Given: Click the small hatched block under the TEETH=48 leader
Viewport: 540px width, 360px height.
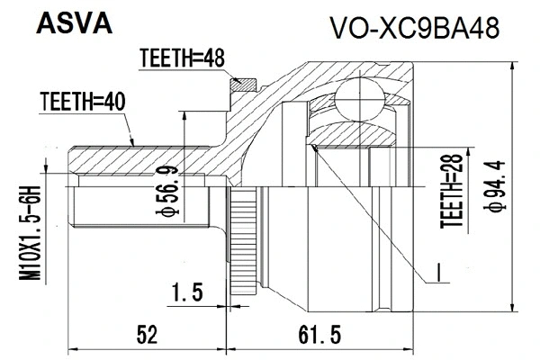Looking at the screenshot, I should pos(240,86).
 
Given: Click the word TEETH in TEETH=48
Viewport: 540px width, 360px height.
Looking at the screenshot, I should pos(163,59).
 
